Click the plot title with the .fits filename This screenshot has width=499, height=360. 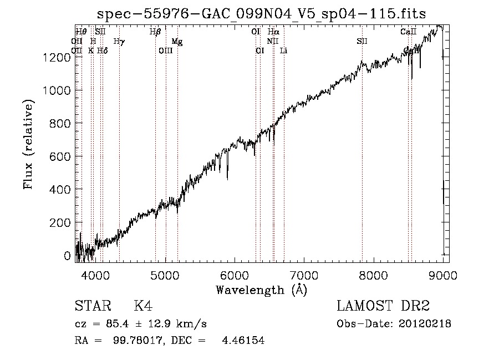(x=261, y=14)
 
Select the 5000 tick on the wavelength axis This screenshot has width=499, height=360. (x=165, y=275)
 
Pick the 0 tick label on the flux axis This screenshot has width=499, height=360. (x=67, y=256)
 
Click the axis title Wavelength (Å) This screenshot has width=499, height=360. (x=261, y=290)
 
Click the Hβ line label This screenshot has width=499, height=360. (x=155, y=32)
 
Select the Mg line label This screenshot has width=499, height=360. (x=176, y=42)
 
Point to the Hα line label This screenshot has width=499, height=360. (x=273, y=32)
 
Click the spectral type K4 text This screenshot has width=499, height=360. (x=143, y=307)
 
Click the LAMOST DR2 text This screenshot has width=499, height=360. (x=383, y=307)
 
